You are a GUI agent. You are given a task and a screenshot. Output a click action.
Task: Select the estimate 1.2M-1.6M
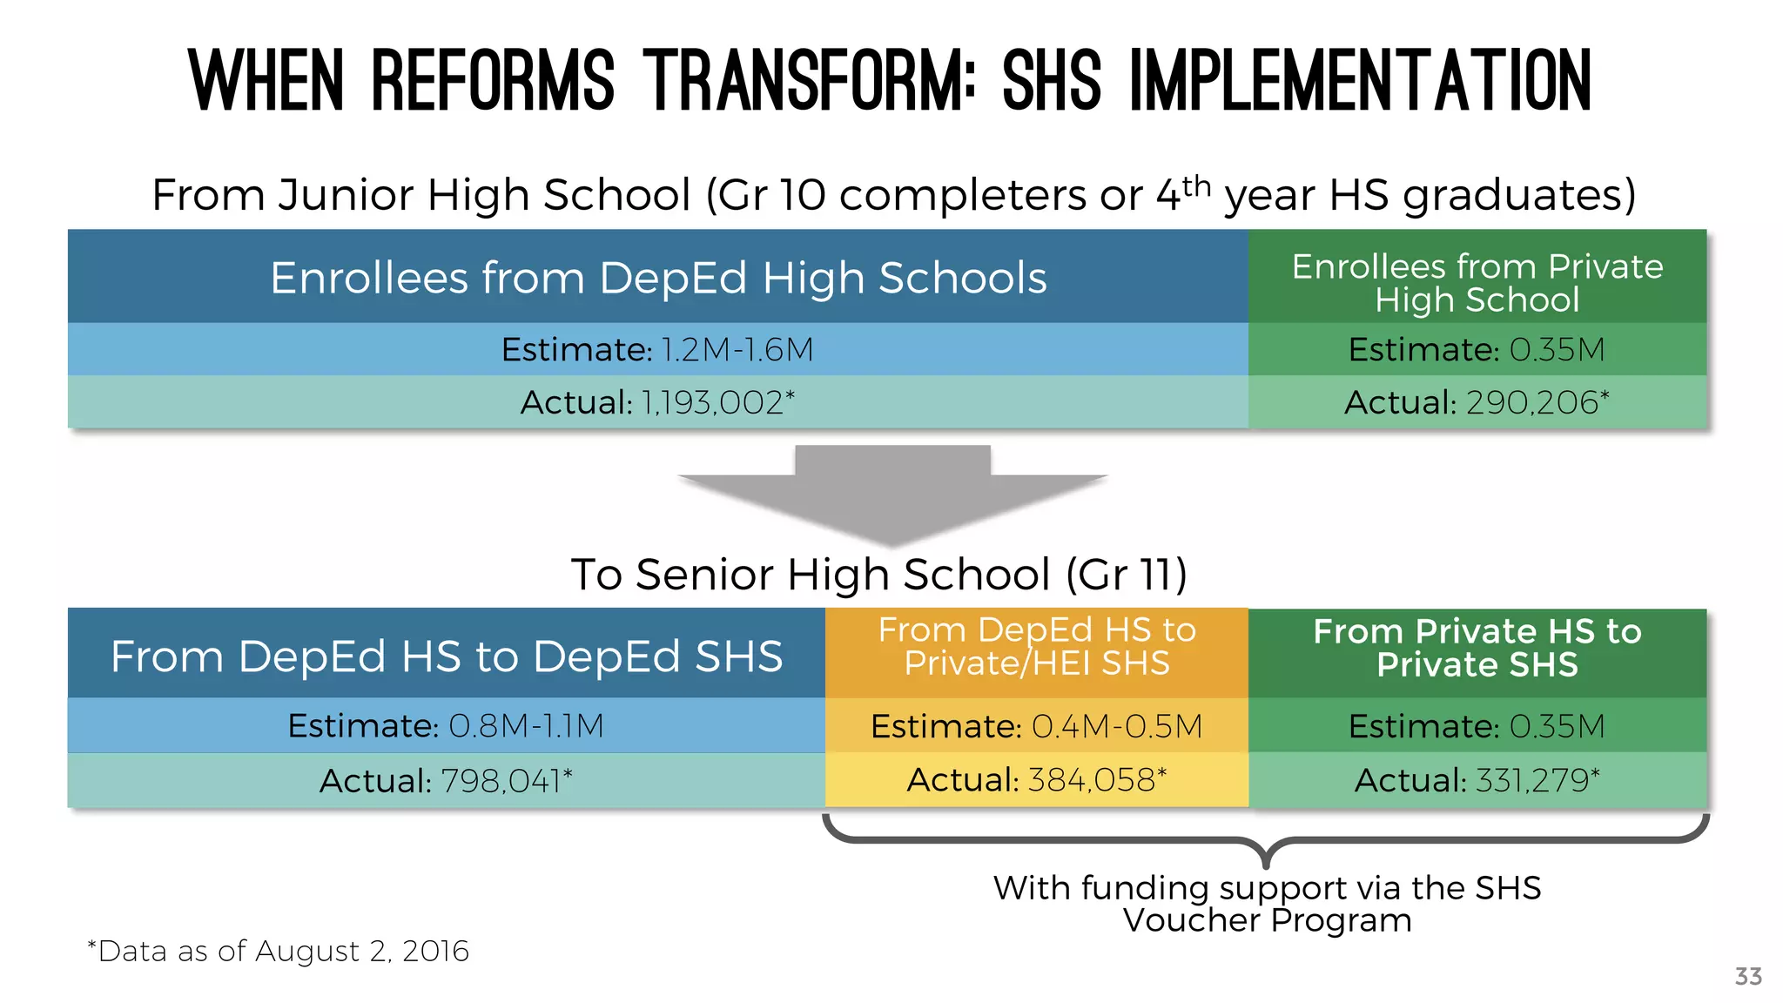click(737, 350)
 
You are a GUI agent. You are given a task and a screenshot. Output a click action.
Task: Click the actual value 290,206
click(1531, 402)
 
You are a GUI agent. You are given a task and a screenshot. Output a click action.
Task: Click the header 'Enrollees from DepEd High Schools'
click(658, 279)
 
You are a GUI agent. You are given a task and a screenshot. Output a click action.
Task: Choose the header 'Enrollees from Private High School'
click(1477, 283)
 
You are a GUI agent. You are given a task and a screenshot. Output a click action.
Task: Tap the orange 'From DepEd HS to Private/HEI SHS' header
click(1036, 647)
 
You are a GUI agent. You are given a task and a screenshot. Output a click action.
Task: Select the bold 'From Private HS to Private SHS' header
click(1477, 648)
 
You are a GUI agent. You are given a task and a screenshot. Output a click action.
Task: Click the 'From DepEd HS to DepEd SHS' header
click(446, 656)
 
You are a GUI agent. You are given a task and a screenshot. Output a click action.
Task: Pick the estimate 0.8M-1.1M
click(526, 726)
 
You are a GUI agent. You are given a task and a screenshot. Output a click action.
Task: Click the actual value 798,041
click(502, 781)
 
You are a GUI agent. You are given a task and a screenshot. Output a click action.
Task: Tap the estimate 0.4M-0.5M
click(1117, 726)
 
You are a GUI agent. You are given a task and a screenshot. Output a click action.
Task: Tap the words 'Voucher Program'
click(1267, 920)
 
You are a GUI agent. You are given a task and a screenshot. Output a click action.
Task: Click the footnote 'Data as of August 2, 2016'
click(282, 951)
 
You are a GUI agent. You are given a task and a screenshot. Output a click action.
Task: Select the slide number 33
click(1748, 976)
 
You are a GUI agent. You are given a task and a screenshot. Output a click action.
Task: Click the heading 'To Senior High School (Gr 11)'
click(878, 575)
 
